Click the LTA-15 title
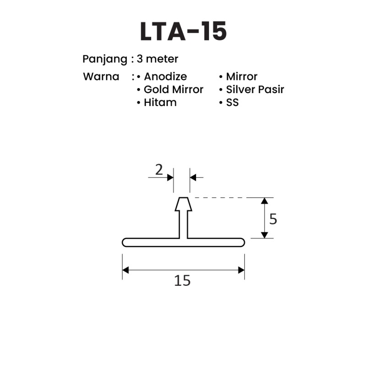(183, 31)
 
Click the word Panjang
(105, 59)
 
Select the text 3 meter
(157, 59)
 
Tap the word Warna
(101, 77)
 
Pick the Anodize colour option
(165, 77)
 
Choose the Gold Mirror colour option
(174, 89)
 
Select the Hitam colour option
(160, 103)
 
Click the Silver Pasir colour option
(255, 89)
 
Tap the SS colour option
(232, 103)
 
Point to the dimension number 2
(159, 170)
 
